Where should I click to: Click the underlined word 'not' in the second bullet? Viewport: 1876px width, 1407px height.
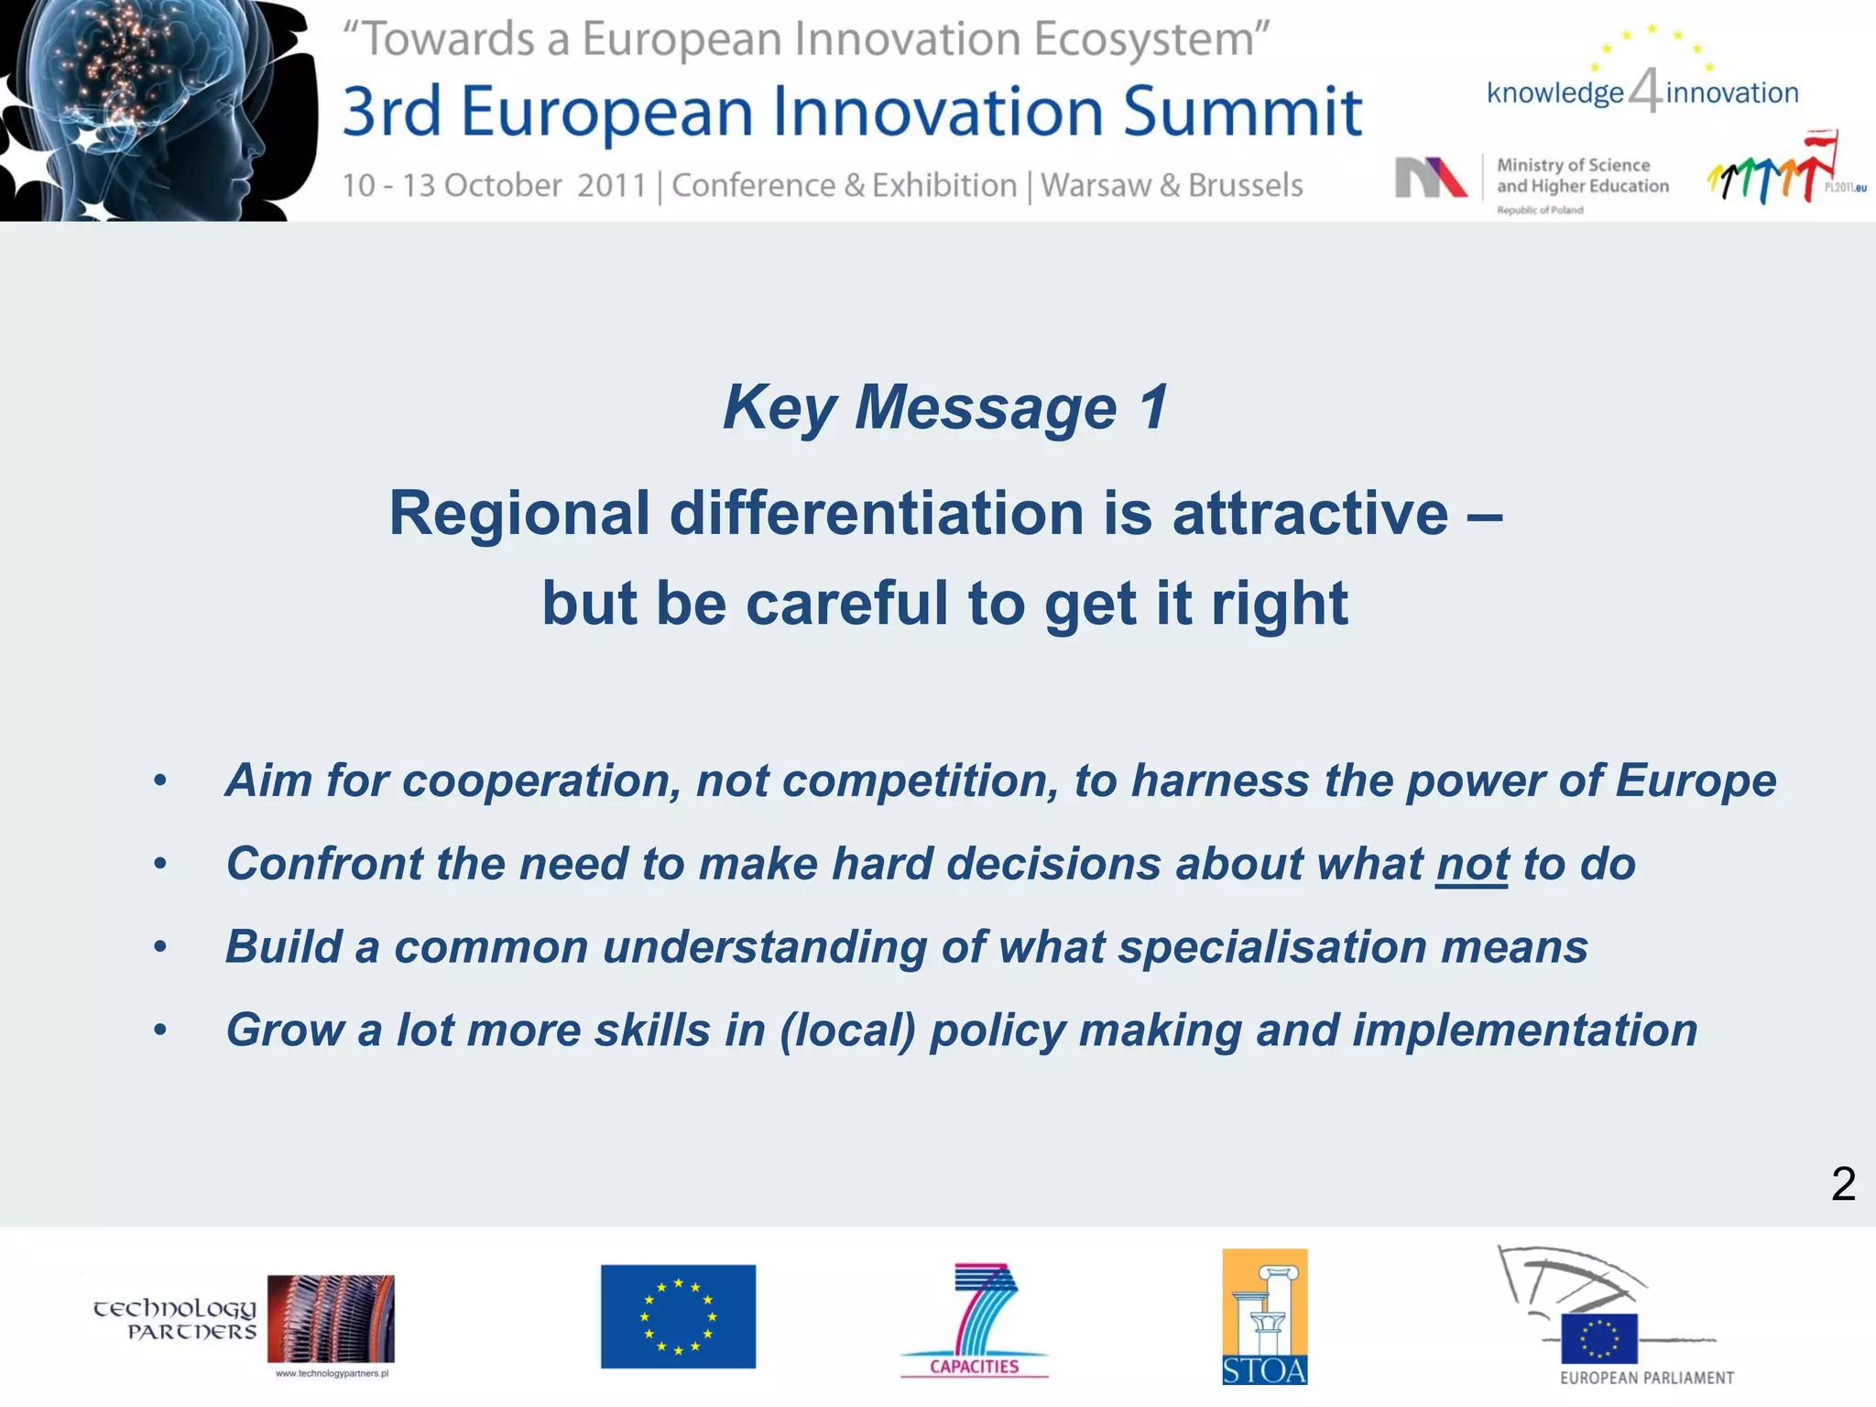1472,864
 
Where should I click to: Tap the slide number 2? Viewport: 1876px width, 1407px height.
1843,1183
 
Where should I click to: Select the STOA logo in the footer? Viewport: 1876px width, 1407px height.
1264,1316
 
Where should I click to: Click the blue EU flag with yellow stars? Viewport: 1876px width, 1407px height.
678,1316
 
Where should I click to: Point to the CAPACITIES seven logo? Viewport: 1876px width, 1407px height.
975,1319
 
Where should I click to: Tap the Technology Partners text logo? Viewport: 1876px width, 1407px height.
174,1319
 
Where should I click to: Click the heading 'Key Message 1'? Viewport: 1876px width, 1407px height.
945,407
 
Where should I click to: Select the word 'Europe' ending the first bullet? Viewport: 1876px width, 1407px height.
1696,780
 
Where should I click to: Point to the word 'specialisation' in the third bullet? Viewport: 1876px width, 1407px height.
1272,946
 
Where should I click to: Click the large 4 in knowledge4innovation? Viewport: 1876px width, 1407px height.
1645,92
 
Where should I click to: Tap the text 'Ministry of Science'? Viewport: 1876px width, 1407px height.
1573,165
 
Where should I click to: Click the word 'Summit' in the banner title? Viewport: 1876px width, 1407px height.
1243,112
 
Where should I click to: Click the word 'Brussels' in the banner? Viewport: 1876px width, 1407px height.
1245,185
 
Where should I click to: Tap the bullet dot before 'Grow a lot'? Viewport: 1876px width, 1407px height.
160,1031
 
